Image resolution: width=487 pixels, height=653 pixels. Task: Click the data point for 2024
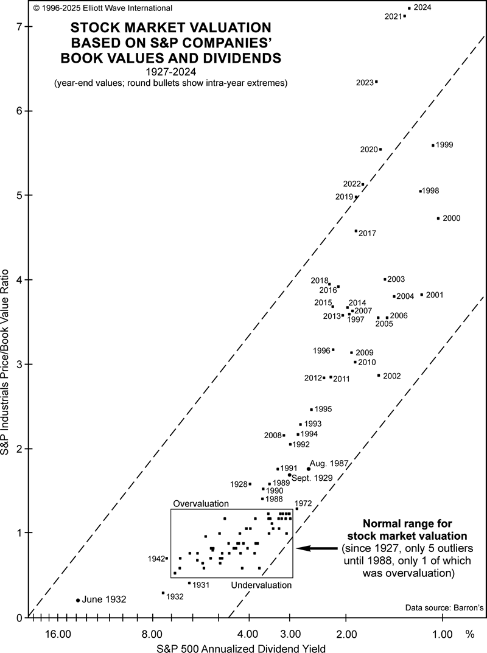coord(409,8)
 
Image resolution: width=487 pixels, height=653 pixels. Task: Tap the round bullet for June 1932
coord(78,600)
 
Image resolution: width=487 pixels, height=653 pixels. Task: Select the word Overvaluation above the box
coord(201,504)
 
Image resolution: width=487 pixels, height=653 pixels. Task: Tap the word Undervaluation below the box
coord(262,585)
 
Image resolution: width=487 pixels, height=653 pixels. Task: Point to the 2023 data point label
coord(365,82)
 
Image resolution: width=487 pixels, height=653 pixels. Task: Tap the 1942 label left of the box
coord(156,558)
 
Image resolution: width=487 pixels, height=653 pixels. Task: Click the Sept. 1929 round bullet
coord(290,475)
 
